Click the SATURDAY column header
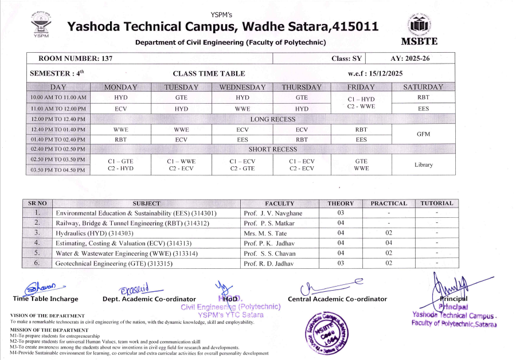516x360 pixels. pyautogui.click(x=423, y=87)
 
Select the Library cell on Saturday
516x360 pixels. pyautogui.click(x=423, y=165)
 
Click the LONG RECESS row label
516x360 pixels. pyautogui.click(x=273, y=119)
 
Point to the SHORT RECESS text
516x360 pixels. pyautogui.click(x=273, y=149)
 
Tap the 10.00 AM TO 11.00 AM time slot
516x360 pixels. pyautogui.click(x=58, y=97)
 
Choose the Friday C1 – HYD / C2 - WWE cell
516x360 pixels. pyautogui.click(x=361, y=103)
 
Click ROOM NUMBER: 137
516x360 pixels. pyautogui.click(x=75, y=58)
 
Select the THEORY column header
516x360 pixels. pyautogui.click(x=344, y=203)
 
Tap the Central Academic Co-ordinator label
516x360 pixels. pyautogui.click(x=337, y=299)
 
